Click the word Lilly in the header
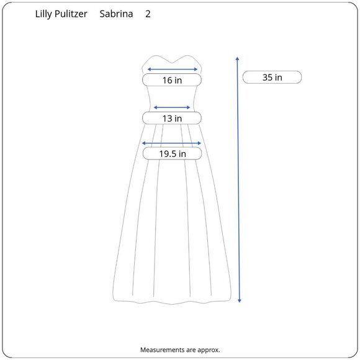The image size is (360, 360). click(43, 14)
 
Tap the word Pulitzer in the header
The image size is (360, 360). click(71, 14)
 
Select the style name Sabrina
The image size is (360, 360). click(116, 14)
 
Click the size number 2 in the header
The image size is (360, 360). click(148, 14)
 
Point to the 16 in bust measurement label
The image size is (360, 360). click(172, 80)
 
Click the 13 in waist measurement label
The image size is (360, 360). click(172, 119)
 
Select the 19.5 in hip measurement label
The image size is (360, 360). click(173, 154)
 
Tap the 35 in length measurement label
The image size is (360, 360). click(272, 78)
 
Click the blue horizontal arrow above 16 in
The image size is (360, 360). click(172, 69)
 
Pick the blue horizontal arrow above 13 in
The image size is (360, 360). click(172, 107)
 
